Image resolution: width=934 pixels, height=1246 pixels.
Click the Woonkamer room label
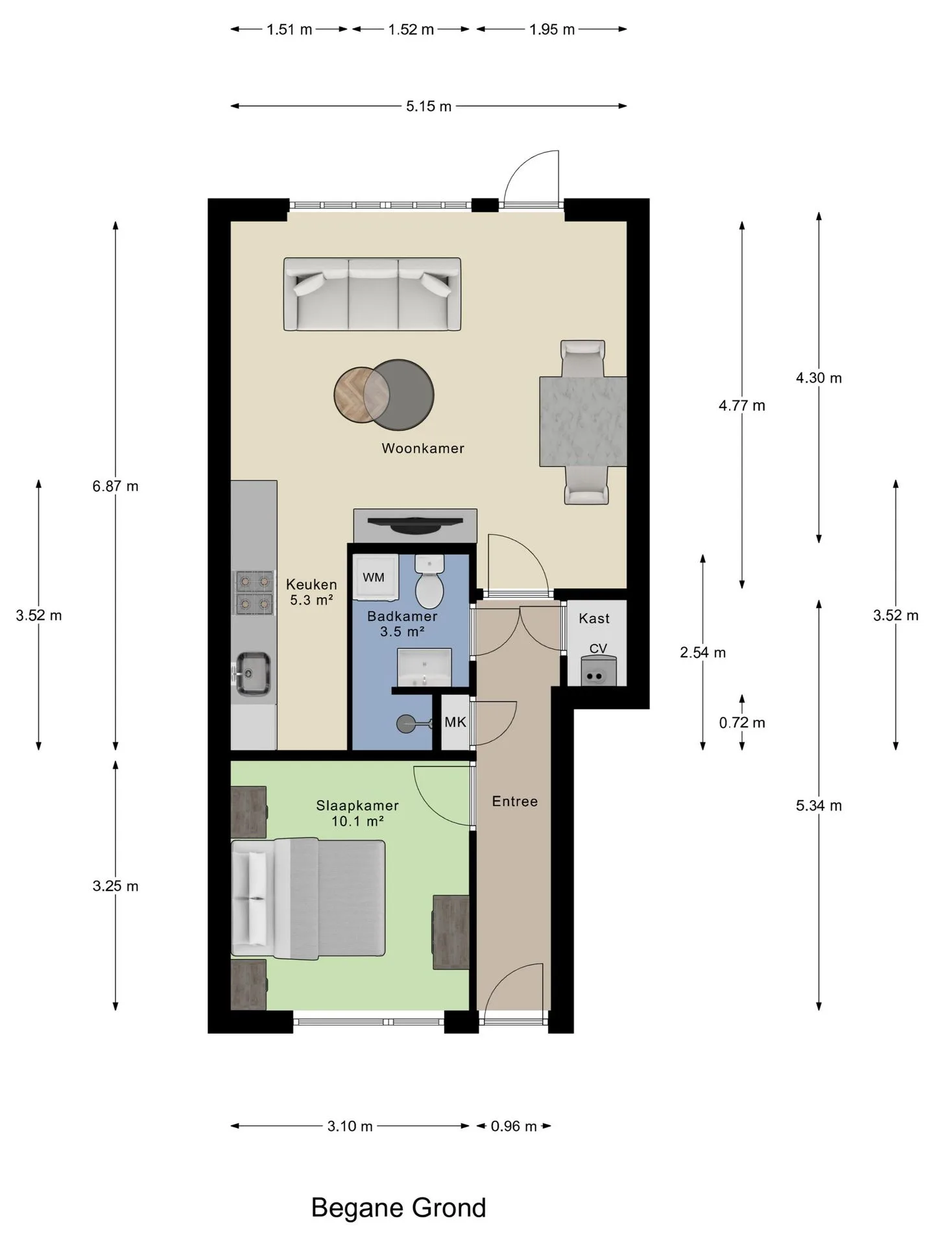[x=423, y=448]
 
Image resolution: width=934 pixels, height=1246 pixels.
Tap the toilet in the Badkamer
[x=429, y=581]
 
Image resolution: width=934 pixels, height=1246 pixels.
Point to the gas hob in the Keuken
[x=254, y=592]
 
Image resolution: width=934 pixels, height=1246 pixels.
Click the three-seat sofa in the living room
[x=372, y=294]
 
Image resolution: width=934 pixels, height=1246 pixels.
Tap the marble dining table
[x=583, y=421]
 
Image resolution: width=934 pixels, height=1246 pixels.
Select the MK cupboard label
[x=455, y=722]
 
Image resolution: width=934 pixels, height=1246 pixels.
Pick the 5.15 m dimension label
[x=429, y=106]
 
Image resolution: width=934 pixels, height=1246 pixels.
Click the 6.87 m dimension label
[x=115, y=486]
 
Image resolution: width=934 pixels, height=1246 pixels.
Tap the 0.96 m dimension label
[x=514, y=1126]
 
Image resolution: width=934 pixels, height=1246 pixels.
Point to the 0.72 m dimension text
[x=742, y=722]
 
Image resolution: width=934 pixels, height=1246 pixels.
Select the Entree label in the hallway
[x=515, y=801]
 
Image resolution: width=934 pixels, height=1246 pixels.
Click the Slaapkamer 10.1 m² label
[x=357, y=813]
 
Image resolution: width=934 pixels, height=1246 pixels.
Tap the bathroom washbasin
[x=424, y=668]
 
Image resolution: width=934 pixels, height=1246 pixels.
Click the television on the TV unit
[x=415, y=523]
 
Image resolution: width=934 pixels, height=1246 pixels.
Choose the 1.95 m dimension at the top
[x=552, y=30]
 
